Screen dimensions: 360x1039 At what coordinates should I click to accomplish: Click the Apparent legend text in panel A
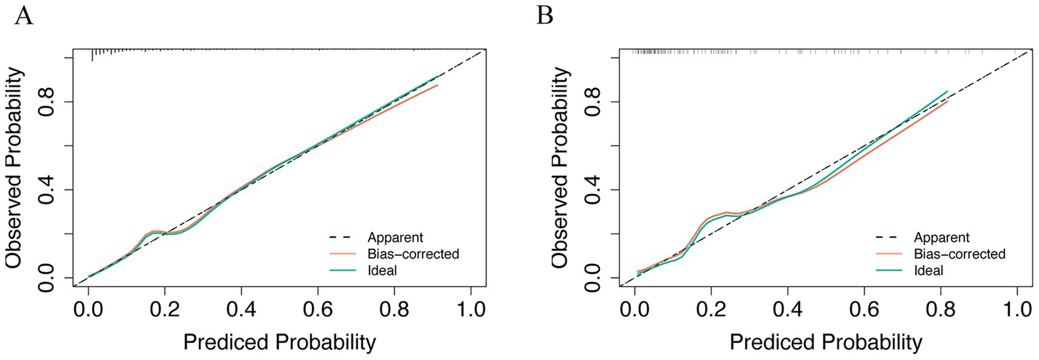click(x=395, y=238)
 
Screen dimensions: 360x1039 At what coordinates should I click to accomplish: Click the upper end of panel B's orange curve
click(x=947, y=102)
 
